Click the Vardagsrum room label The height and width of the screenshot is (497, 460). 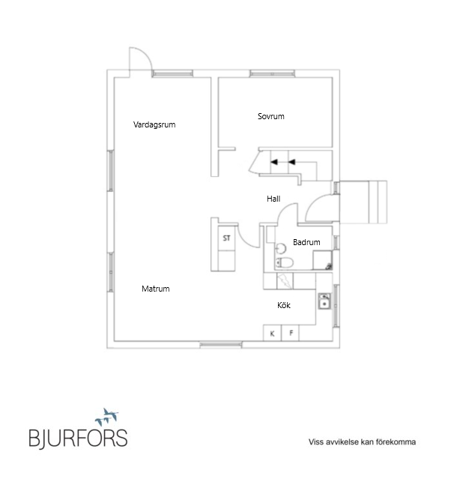[154, 124]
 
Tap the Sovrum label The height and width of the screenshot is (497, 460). [271, 116]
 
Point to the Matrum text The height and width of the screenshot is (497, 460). [156, 289]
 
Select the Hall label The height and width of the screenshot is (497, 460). [273, 199]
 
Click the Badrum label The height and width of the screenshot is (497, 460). [306, 242]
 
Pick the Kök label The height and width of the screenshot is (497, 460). [284, 305]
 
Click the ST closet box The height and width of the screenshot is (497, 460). [226, 238]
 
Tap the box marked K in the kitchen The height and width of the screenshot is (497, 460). [272, 333]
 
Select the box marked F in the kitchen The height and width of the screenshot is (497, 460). [291, 333]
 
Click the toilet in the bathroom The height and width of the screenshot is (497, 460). [284, 263]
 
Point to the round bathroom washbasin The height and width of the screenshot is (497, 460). [281, 248]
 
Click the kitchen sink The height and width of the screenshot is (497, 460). [324, 301]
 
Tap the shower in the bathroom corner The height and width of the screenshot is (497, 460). [322, 260]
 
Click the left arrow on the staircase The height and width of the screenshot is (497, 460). [274, 162]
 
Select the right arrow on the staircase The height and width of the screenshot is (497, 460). [291, 162]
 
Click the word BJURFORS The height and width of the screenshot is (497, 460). [78, 439]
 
